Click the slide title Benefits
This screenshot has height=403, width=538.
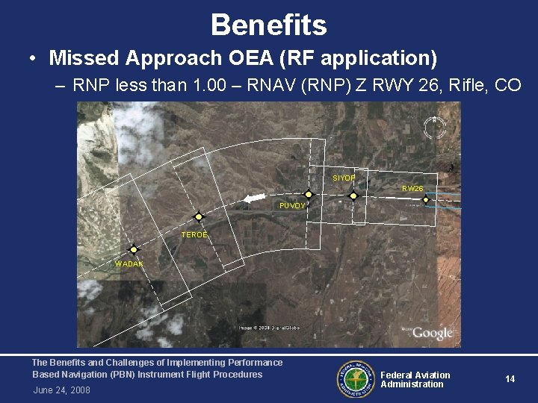tap(269, 25)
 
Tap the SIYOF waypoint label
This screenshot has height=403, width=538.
tap(344, 178)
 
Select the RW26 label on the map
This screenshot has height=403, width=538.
tap(412, 189)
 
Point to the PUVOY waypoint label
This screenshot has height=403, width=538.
tap(291, 205)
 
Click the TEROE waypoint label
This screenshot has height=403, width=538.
tap(194, 235)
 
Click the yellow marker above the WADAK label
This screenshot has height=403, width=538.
tap(133, 250)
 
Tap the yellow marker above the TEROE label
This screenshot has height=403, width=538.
tap(199, 217)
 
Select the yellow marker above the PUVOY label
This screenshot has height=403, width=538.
tap(309, 194)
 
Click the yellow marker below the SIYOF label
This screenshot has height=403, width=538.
tap(353, 196)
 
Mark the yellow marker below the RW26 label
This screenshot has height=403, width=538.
tap(426, 199)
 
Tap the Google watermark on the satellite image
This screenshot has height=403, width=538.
tap(433, 334)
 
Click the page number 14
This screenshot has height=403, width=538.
tap(510, 379)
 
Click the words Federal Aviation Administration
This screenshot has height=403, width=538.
tap(415, 380)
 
